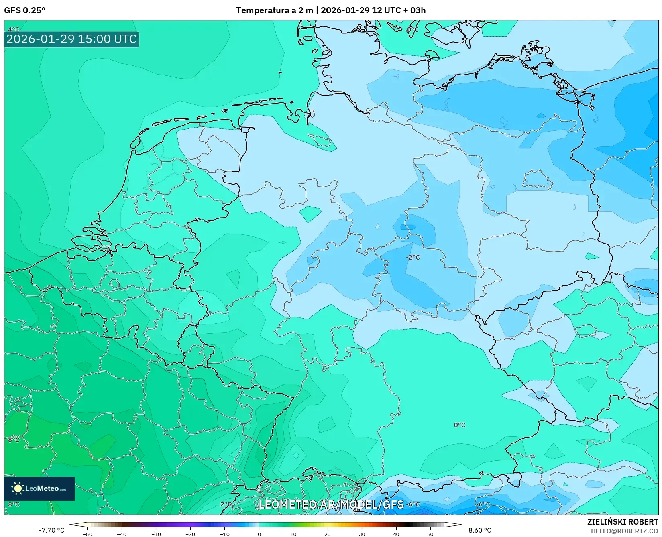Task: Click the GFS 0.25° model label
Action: pos(24,10)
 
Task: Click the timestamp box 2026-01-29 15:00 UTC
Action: pos(71,39)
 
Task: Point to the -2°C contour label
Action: pos(413,257)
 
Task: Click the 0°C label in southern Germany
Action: pos(459,425)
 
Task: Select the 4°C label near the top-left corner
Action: pos(14,29)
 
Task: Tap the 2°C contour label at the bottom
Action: pos(226,504)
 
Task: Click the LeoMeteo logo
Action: pos(39,488)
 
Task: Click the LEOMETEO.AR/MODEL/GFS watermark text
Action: pos(331,504)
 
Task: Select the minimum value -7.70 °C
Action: pos(51,530)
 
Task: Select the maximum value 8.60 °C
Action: pos(480,530)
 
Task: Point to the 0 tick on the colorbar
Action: pos(259,534)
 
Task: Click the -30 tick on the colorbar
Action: pos(156,534)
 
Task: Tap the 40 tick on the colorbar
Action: pos(396,534)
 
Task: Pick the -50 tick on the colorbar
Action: pos(88,534)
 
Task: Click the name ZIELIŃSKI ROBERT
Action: pos(623,522)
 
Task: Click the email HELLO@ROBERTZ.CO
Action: pos(624,531)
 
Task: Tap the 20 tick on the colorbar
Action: pos(328,534)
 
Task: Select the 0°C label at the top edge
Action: pos(412,30)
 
